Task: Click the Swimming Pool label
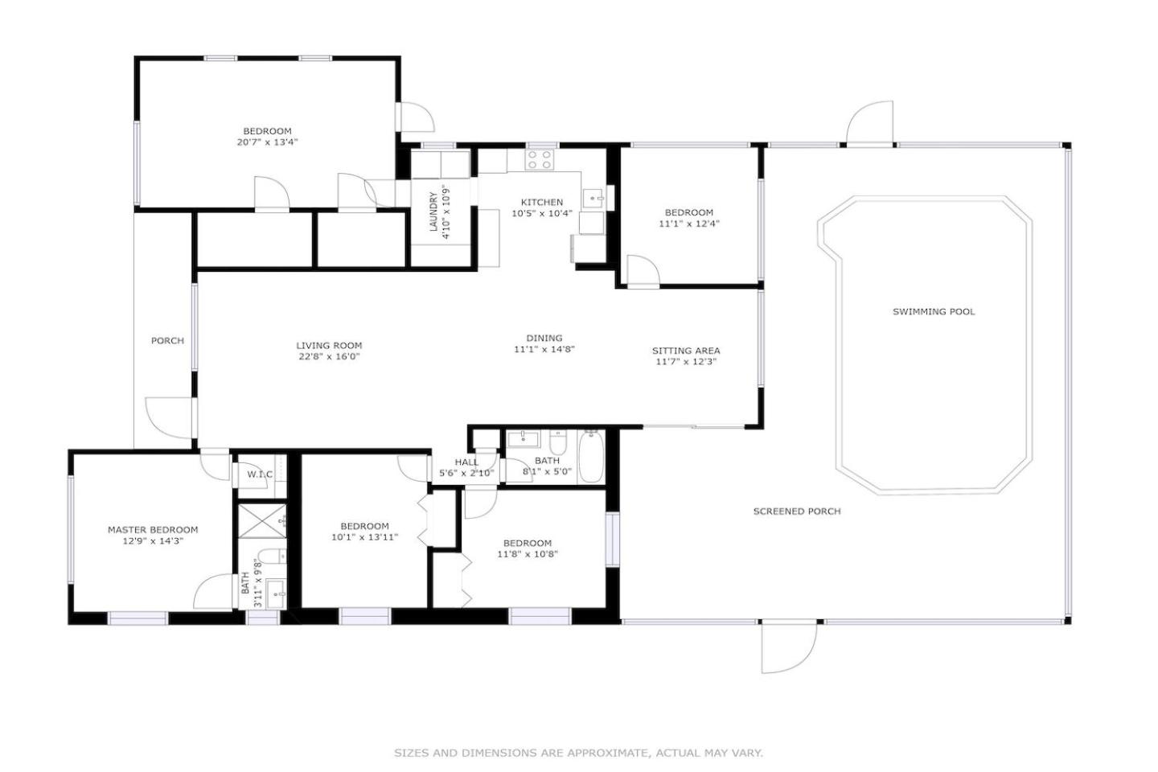934,312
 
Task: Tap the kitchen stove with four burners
540,159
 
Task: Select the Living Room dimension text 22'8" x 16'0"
329,357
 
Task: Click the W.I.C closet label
260,474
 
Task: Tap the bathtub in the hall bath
591,457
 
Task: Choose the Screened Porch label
797,511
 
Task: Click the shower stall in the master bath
261,521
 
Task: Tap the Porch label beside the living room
167,341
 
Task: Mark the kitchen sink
593,199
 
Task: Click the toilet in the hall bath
558,441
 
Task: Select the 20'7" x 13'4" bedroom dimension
267,142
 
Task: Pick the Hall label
466,462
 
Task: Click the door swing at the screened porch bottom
788,647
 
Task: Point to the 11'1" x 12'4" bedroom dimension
689,224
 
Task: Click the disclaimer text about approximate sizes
578,753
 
